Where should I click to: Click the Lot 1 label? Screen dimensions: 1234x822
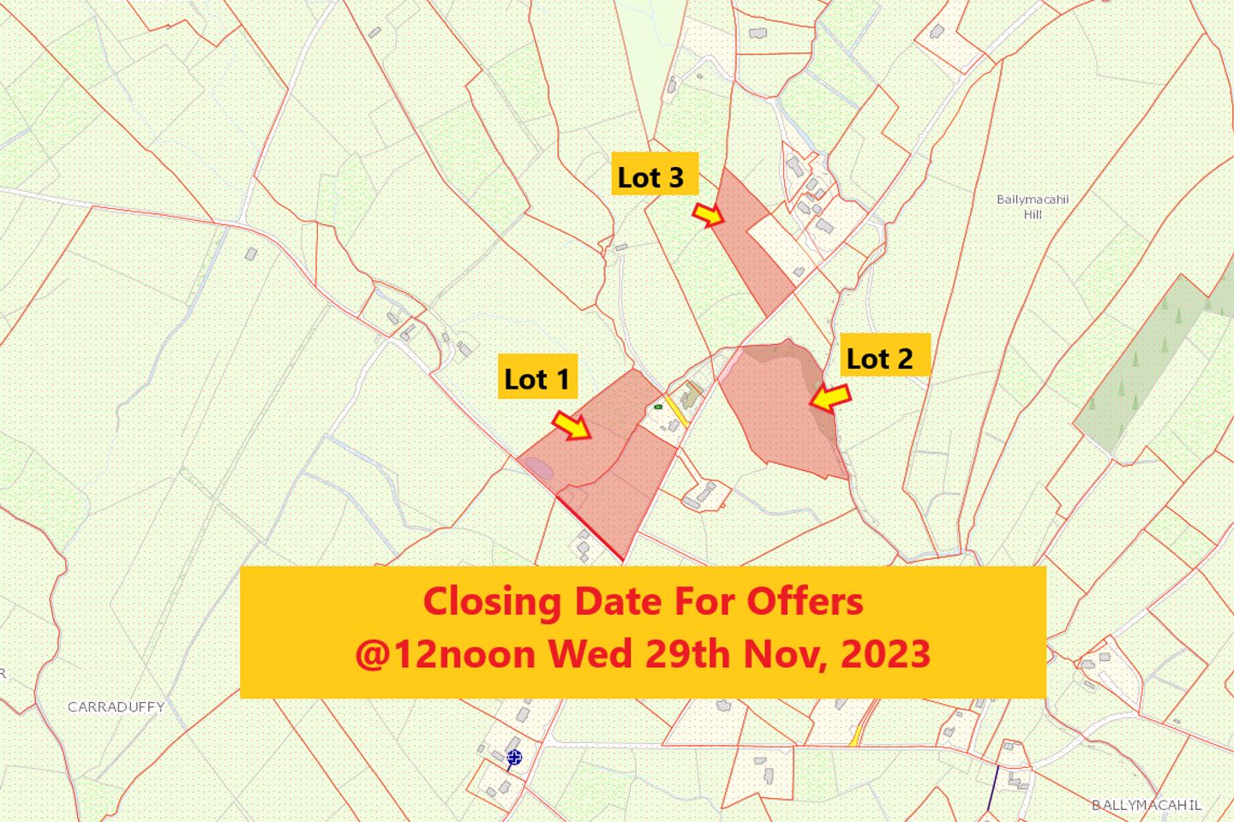(536, 378)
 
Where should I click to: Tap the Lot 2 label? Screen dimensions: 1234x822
(879, 359)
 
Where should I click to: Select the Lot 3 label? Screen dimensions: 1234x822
(651, 177)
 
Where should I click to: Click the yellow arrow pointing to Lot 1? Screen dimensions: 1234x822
(572, 425)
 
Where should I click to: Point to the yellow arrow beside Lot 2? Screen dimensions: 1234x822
(830, 398)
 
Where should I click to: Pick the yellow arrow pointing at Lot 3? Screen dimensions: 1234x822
(708, 215)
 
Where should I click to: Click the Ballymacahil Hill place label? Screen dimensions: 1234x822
(1033, 206)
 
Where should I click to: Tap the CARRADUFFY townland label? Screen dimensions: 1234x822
(116, 707)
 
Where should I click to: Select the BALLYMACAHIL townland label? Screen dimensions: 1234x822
(1147, 805)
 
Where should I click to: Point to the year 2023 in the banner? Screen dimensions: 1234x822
(887, 655)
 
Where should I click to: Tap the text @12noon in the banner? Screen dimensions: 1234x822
(446, 655)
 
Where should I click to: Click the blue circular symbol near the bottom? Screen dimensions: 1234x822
(514, 756)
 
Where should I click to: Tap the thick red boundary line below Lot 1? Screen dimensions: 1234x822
(591, 528)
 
